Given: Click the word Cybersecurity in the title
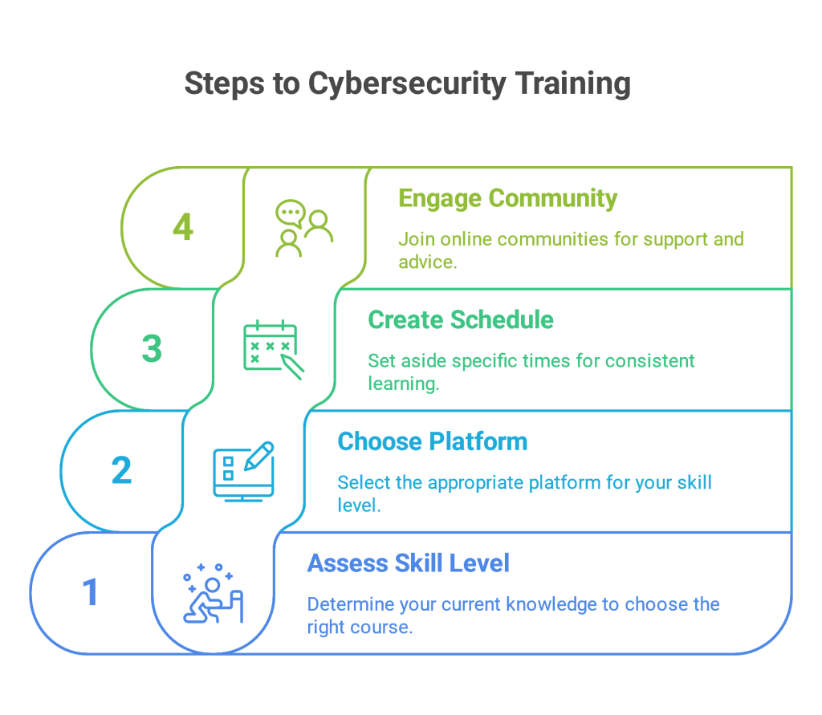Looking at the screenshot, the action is pyautogui.click(x=407, y=84).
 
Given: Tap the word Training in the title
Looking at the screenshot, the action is pyautogui.click(x=572, y=84).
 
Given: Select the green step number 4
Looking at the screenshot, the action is pyautogui.click(x=183, y=227).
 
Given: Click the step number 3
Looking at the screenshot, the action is pyautogui.click(x=152, y=348).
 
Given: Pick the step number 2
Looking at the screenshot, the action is pyautogui.click(x=122, y=470).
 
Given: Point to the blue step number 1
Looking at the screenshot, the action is pyautogui.click(x=91, y=591).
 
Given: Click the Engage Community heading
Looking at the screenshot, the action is pyautogui.click(x=507, y=199).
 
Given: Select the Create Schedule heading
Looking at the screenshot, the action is pyautogui.click(x=461, y=319).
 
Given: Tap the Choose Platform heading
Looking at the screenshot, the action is pyautogui.click(x=433, y=441).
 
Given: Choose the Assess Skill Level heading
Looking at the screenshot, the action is pyautogui.click(x=409, y=563).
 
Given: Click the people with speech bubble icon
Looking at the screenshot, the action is pyautogui.click(x=304, y=228).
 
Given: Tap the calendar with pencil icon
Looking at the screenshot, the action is pyautogui.click(x=274, y=349).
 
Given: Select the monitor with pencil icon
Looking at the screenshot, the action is pyautogui.click(x=244, y=471).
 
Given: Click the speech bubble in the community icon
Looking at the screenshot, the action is pyautogui.click(x=291, y=213).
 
